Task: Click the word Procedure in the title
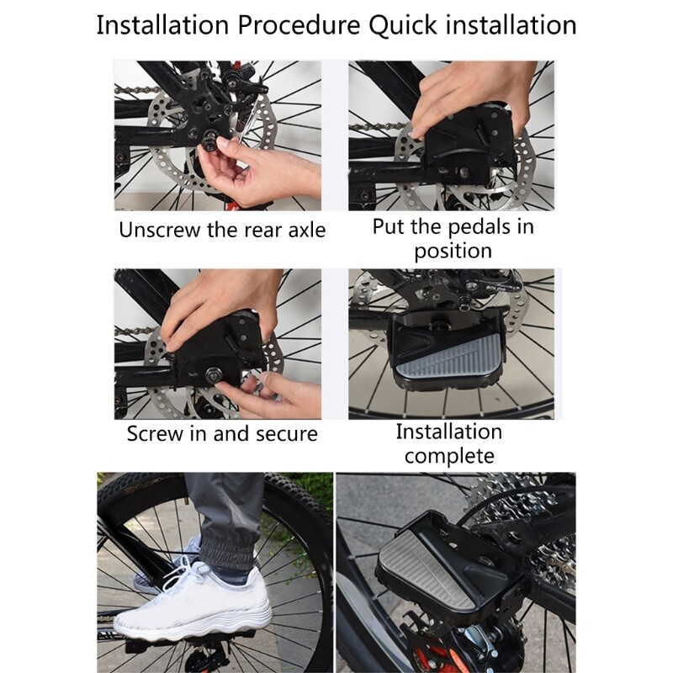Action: [x=299, y=24]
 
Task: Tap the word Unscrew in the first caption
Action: [x=159, y=230]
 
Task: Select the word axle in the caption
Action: [x=302, y=230]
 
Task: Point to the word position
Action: [x=453, y=251]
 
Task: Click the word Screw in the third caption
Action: [x=156, y=434]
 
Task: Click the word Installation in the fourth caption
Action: [x=448, y=432]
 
